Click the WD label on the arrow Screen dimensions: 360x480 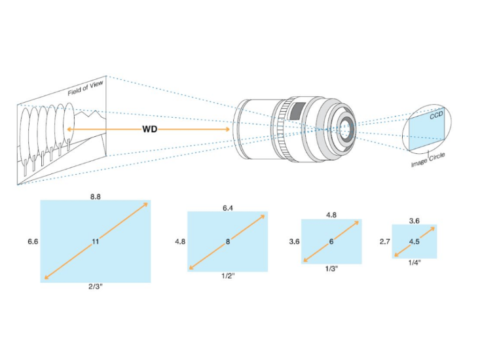click(x=149, y=128)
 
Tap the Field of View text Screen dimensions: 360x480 click(x=87, y=90)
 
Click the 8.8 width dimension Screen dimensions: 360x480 click(x=96, y=194)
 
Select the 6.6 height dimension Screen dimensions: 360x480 click(x=33, y=242)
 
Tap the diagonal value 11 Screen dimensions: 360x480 click(x=96, y=242)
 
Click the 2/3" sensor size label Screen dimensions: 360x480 click(x=96, y=289)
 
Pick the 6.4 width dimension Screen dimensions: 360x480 click(x=228, y=207)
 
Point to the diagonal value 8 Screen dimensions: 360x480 click(x=228, y=242)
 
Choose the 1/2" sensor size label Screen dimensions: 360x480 click(x=228, y=276)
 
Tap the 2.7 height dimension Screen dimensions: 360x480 click(x=384, y=242)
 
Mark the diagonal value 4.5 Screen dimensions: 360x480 click(x=414, y=242)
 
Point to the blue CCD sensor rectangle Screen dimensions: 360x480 click(x=426, y=131)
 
